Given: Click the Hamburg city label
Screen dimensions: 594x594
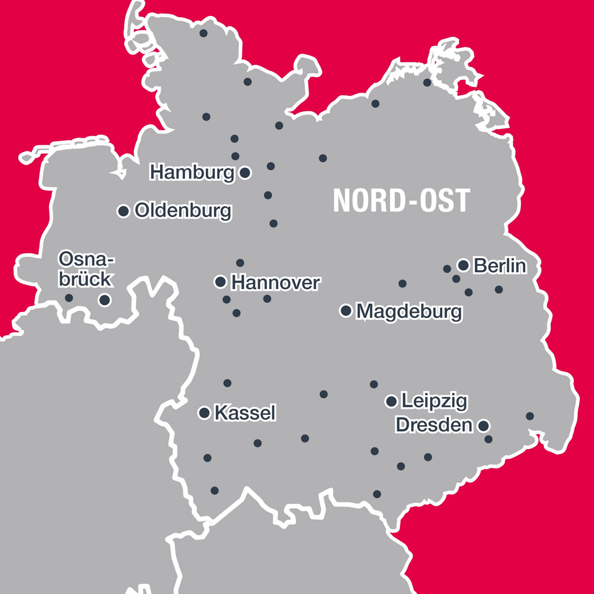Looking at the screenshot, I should coord(192,173).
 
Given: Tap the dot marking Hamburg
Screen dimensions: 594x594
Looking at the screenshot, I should coord(245,173).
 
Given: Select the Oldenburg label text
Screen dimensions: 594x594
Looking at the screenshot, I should coord(183,211).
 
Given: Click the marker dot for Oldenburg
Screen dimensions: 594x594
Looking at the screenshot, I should coord(123,211).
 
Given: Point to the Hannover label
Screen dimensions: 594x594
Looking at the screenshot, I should coord(276,283).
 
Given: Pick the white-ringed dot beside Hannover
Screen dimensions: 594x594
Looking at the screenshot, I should coord(220,282).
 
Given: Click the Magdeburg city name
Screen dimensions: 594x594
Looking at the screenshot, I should coord(409,311).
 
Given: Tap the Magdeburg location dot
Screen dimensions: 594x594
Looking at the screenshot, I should coord(346,310).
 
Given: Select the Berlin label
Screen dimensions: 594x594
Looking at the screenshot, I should coord(500,266).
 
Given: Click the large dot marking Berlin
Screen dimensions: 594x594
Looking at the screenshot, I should coord(463,265).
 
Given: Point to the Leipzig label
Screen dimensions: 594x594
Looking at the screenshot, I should coord(434,401).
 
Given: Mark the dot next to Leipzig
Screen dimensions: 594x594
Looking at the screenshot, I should coord(391,401).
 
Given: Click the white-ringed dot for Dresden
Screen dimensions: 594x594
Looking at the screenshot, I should coord(484,425).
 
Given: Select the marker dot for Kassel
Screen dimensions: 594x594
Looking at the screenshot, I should coord(204,413).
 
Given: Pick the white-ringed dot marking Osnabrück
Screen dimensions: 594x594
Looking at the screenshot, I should coord(105,300).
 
